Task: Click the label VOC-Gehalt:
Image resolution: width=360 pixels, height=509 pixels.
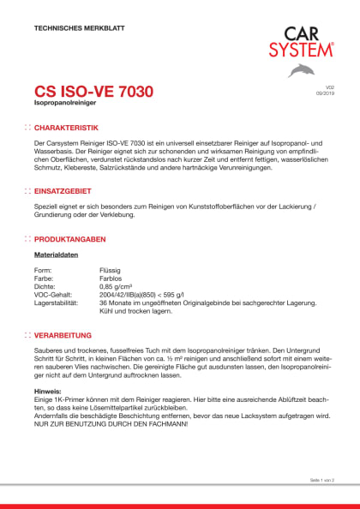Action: (x=54, y=295)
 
